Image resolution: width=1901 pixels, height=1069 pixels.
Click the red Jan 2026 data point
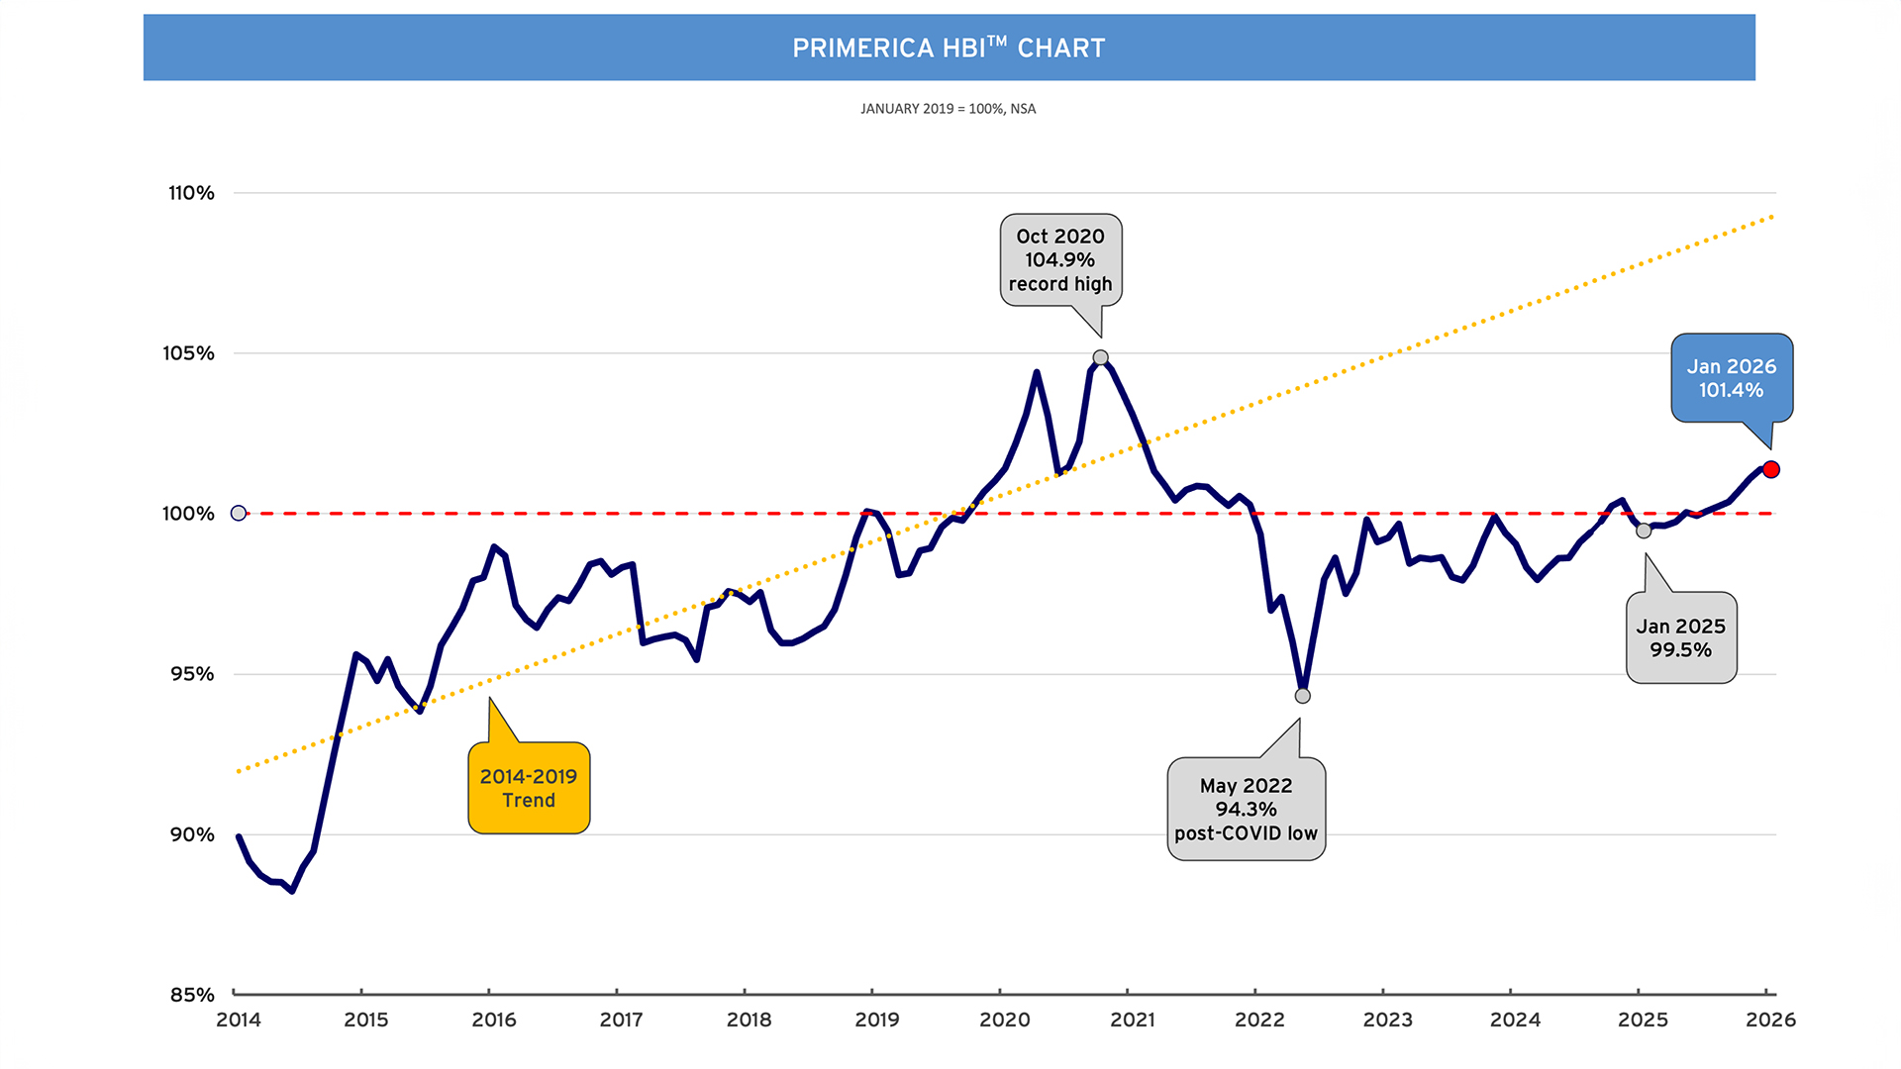[1771, 469]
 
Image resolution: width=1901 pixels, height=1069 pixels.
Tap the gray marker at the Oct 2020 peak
[1100, 357]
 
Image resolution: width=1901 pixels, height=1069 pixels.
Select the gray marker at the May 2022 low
[1303, 696]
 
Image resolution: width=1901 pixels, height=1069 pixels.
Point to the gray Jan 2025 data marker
[1644, 531]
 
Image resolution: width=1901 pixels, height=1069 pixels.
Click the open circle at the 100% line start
[239, 513]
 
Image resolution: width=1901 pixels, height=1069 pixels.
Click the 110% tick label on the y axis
[191, 193]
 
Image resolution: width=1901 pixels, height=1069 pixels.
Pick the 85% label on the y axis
[192, 995]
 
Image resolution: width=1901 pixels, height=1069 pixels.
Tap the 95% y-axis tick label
[192, 674]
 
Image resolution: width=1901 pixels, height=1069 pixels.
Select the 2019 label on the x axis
[876, 1020]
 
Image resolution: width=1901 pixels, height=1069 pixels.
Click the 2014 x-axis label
[239, 1020]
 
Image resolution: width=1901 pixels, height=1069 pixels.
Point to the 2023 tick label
[1387, 1020]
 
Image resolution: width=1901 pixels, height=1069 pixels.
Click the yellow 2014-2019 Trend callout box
[529, 788]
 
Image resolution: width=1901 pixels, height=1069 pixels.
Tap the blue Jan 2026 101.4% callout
[1732, 378]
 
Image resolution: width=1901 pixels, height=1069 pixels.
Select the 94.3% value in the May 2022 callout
[1246, 810]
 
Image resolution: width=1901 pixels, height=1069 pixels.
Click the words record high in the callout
[1060, 284]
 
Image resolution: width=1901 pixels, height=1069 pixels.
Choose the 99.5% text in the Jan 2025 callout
[1680, 650]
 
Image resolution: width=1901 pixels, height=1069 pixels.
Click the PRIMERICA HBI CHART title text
[949, 48]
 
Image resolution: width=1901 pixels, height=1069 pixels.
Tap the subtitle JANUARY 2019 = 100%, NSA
[948, 109]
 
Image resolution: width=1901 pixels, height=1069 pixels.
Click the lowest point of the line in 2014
[292, 891]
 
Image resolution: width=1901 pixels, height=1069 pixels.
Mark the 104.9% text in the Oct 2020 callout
[1059, 260]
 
